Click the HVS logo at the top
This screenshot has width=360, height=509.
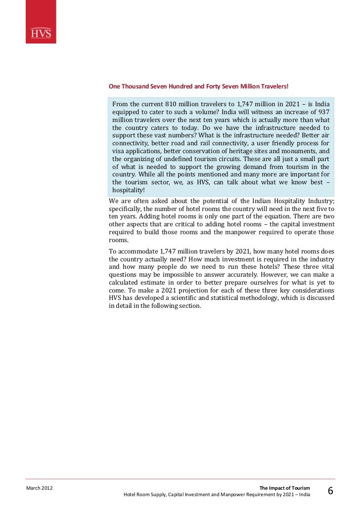point(41,34)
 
